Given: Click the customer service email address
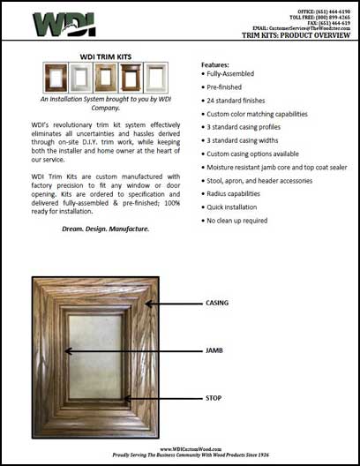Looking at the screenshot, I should (x=311, y=29).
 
